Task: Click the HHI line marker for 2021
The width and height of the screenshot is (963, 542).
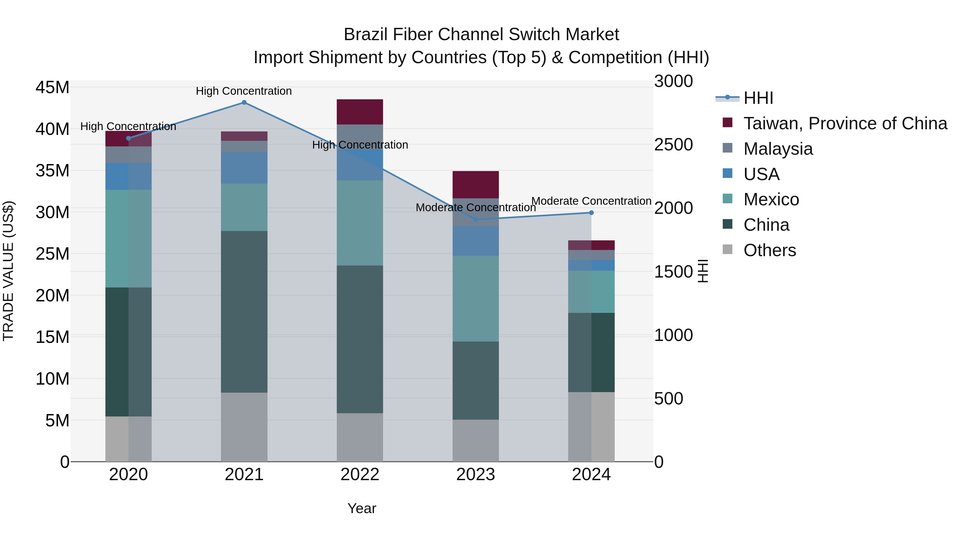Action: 244,103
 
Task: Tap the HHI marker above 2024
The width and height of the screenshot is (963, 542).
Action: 591,213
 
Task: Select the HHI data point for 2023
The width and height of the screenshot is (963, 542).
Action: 476,219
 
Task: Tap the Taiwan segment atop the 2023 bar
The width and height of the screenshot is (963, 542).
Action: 476,185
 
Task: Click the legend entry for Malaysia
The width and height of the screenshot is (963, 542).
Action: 778,149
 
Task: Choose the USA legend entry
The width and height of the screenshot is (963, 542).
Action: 761,174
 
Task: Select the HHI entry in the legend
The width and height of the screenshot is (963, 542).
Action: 758,98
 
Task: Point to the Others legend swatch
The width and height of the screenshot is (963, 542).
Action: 728,249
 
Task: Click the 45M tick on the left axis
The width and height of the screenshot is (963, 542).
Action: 52,88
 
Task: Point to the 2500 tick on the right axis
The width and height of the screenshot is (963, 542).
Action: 673,145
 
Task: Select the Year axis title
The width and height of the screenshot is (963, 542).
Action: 361,508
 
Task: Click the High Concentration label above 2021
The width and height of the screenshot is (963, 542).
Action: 244,91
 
